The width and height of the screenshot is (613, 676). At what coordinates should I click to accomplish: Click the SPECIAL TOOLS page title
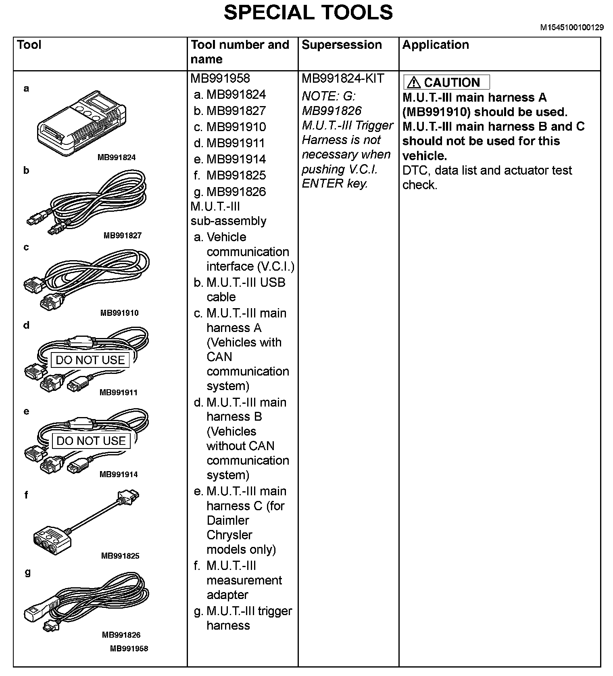pos(308,13)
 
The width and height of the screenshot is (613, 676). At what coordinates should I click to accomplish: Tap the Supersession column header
pos(341,45)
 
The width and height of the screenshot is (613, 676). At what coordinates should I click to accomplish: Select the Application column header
pos(436,45)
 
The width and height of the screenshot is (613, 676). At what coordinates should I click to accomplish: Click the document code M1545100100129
pos(572,27)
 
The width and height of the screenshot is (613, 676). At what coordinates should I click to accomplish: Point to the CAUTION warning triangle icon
pos(413,83)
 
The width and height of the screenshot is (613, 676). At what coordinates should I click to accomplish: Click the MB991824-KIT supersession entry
pos(343,78)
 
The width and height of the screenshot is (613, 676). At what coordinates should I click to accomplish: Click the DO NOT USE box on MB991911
pos(90,360)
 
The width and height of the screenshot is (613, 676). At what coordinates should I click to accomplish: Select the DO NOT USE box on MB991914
pos(91,441)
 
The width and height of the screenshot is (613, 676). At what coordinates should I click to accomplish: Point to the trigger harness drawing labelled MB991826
pos(87,601)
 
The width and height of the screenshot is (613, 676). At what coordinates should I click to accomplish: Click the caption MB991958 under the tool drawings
pos(129,649)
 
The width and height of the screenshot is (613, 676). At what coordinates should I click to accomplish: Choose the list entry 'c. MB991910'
pos(230,127)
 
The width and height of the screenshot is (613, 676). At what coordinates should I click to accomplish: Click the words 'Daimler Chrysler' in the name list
pos(229,528)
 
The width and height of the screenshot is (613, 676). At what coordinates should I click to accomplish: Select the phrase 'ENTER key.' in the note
pos(335,184)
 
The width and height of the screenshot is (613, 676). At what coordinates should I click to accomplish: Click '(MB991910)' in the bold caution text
pos(436,112)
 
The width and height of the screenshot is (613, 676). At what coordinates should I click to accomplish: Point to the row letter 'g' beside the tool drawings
pos(27,572)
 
